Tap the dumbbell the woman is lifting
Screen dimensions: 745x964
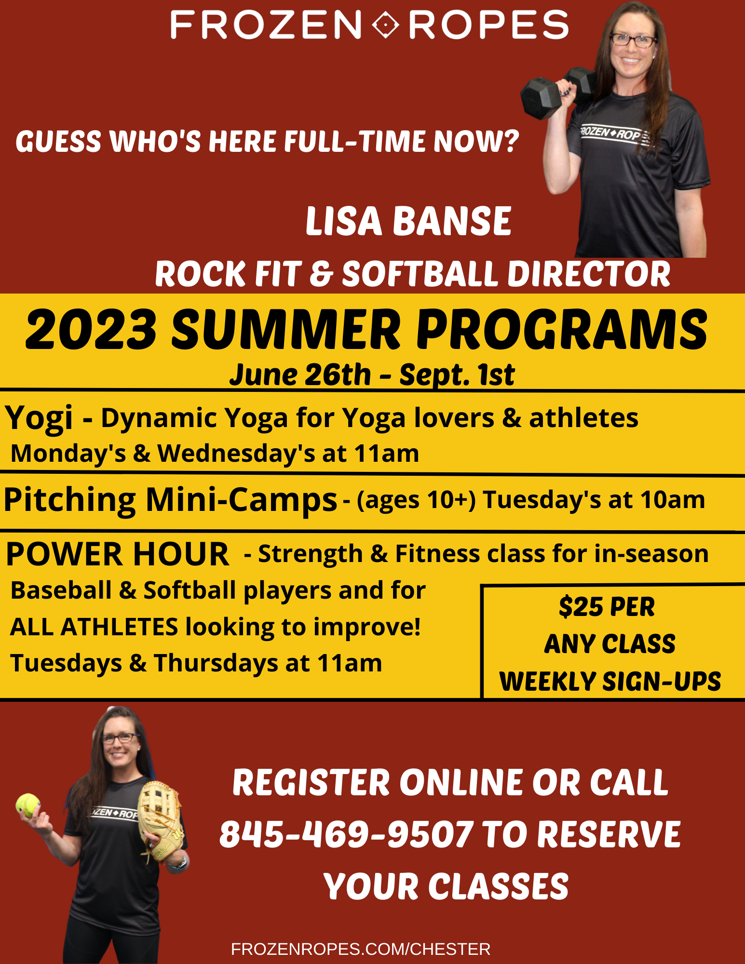(x=559, y=92)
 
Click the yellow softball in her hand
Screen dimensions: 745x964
(x=28, y=806)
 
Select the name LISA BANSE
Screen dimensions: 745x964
(x=408, y=221)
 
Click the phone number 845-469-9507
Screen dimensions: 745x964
(x=346, y=834)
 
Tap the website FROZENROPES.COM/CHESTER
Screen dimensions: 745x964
(x=361, y=949)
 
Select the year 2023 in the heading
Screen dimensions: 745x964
(x=91, y=330)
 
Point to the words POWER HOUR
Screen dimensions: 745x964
(x=117, y=554)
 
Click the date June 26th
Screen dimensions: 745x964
(x=300, y=375)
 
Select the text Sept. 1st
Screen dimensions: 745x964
(x=457, y=375)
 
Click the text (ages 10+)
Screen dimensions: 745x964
(x=416, y=500)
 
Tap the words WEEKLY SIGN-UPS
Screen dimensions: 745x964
(x=610, y=682)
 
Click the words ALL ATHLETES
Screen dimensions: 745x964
(x=94, y=627)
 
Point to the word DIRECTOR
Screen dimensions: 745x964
(x=589, y=274)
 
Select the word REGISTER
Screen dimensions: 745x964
(x=311, y=782)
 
